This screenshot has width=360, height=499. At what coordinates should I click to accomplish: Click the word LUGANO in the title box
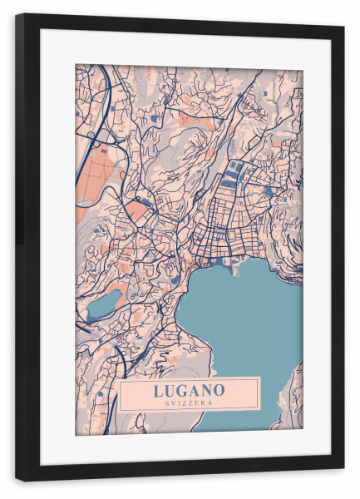coord(189,389)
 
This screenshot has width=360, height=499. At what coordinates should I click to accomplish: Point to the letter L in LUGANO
coord(158,389)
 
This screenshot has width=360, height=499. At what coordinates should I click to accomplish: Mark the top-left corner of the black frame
coord(17,16)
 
